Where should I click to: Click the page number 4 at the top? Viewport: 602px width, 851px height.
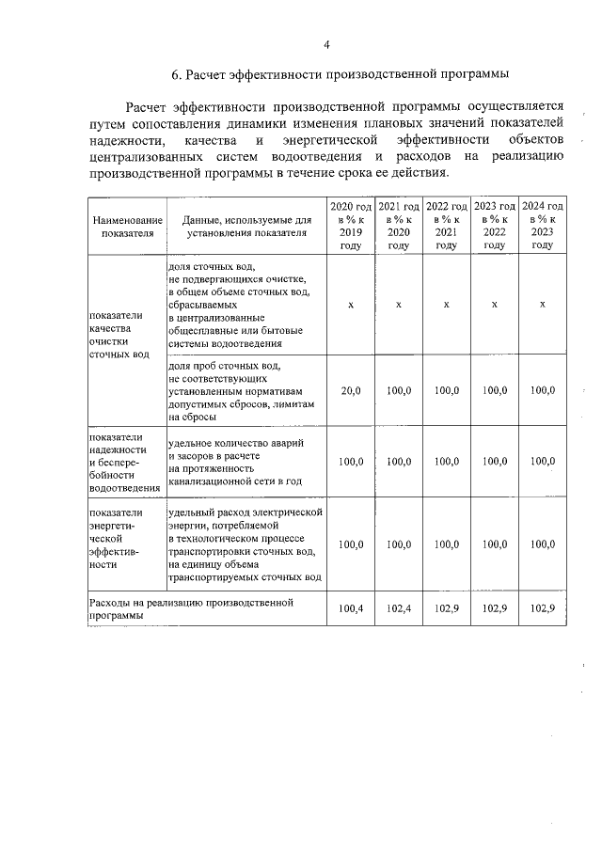[x=325, y=44]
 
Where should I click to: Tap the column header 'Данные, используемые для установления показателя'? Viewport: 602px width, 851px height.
[x=247, y=226]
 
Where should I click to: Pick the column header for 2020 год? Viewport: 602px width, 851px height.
[x=350, y=226]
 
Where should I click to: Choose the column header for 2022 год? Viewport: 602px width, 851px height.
[x=446, y=226]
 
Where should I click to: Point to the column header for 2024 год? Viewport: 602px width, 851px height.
[x=542, y=226]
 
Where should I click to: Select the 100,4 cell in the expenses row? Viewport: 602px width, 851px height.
[x=350, y=608]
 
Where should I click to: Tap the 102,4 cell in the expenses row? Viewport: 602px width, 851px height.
[x=398, y=608]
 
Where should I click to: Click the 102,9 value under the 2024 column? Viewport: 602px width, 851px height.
[x=542, y=608]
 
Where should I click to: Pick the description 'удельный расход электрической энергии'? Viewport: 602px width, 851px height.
[x=246, y=544]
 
